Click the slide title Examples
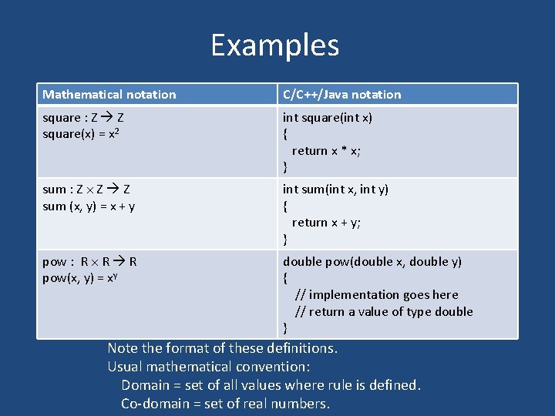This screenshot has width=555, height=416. (x=274, y=45)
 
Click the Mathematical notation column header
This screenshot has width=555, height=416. (x=109, y=95)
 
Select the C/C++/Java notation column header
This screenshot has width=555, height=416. (x=341, y=95)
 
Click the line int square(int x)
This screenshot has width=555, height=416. (x=328, y=118)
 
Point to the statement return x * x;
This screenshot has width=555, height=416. (x=326, y=151)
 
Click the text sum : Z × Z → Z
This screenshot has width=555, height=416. (x=86, y=190)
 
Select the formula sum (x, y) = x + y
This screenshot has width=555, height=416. (x=89, y=206)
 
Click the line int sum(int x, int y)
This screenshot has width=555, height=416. (x=335, y=190)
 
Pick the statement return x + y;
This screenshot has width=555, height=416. (x=326, y=223)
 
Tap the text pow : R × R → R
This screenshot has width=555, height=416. (x=89, y=262)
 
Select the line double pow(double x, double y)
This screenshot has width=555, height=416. (x=372, y=262)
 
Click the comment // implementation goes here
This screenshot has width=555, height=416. (x=377, y=295)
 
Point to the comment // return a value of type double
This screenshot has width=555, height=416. (x=384, y=312)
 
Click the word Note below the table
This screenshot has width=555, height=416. (x=123, y=348)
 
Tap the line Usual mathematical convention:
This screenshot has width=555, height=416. (x=209, y=367)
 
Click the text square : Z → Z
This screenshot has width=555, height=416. (x=84, y=118)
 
